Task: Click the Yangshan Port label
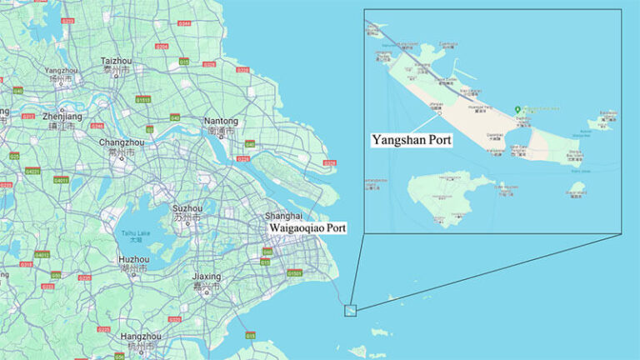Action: pyautogui.click(x=412, y=140)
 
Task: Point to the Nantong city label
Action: pyautogui.click(x=221, y=121)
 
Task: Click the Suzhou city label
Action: pyautogui.click(x=187, y=208)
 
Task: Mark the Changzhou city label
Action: pyautogui.click(x=122, y=142)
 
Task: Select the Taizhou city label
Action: pyautogui.click(x=116, y=62)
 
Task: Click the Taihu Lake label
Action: pyautogui.click(x=134, y=234)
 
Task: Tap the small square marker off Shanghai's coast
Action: pyautogui.click(x=350, y=309)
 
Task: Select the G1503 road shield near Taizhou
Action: pyautogui.click(x=143, y=99)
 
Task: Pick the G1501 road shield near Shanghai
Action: pyautogui.click(x=295, y=273)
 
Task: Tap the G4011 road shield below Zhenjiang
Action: pyautogui.click(x=61, y=179)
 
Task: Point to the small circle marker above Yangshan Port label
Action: pyautogui.click(x=439, y=113)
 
